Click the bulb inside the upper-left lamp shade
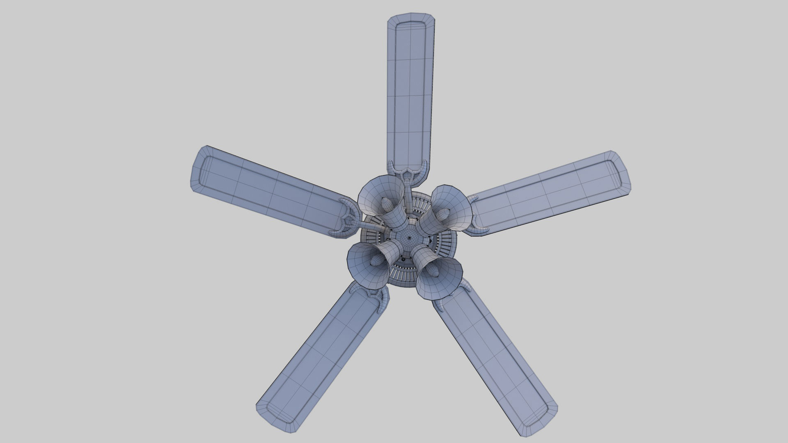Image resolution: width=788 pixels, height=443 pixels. [386, 203]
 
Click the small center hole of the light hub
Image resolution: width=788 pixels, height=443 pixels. [410, 237]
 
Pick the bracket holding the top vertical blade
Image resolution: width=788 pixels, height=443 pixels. [407, 172]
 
